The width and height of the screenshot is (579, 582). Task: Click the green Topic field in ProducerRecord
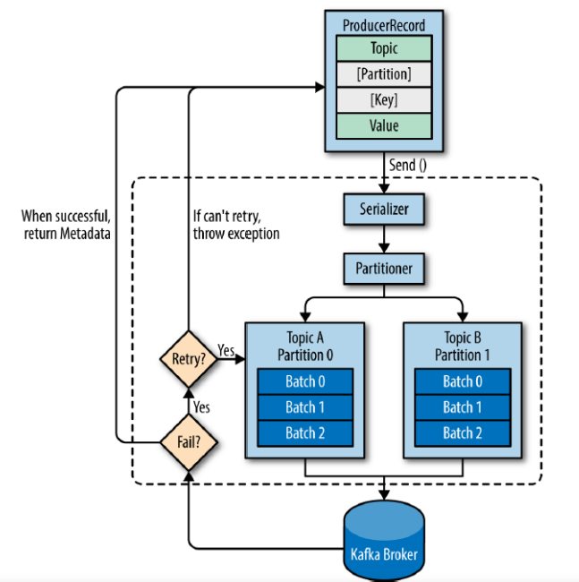[384, 48]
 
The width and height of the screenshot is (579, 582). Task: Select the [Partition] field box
[384, 73]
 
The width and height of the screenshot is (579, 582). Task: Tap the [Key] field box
[384, 100]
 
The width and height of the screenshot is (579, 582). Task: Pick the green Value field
[384, 126]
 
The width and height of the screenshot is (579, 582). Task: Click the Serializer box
[384, 209]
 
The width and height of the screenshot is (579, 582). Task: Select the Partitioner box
[384, 269]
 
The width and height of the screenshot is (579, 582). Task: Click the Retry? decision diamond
[189, 359]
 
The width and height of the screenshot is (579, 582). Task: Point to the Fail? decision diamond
[189, 442]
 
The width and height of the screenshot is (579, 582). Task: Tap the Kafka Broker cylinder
[384, 540]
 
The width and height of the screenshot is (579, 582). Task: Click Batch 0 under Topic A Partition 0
[305, 381]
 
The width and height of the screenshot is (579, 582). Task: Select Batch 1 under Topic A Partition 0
[305, 407]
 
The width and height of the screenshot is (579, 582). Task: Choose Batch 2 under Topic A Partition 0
[305, 433]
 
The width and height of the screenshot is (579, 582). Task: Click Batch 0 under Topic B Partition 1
[463, 381]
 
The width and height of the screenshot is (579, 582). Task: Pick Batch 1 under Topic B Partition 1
[463, 407]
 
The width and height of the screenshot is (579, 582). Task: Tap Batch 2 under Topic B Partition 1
[463, 433]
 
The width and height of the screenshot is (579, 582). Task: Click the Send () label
[408, 165]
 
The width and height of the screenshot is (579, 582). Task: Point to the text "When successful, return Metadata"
[66, 225]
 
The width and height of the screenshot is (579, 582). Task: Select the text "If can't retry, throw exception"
[236, 225]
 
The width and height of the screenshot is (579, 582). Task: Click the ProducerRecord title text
[384, 26]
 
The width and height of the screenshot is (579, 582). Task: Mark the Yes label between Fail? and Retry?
[201, 407]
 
